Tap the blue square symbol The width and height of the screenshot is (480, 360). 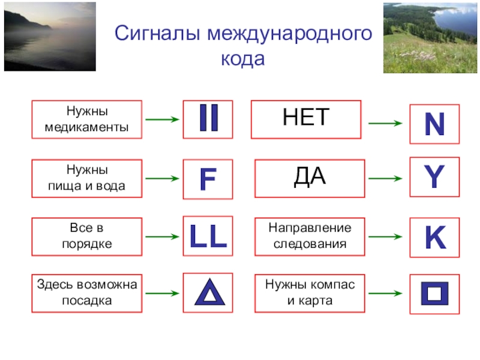(x=434, y=295)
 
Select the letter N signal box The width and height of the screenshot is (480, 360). (x=434, y=124)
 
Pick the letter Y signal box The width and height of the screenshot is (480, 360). (x=434, y=178)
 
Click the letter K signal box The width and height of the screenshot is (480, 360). (x=434, y=238)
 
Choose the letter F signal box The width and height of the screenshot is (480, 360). (x=208, y=179)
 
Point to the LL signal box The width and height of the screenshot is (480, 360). (x=208, y=238)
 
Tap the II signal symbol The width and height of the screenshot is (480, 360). (x=208, y=119)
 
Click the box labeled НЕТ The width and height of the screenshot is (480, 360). (x=306, y=119)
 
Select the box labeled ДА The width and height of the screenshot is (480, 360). (x=310, y=178)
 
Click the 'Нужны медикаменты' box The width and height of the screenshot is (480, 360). (x=86, y=119)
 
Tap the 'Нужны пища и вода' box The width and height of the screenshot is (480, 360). (x=86, y=179)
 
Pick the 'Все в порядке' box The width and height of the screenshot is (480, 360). (x=86, y=237)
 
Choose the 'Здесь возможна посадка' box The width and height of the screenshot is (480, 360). (x=86, y=293)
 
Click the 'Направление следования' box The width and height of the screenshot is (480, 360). (x=310, y=237)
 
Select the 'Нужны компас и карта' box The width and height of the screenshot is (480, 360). (x=310, y=293)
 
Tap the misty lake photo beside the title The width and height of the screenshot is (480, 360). (x=49, y=36)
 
